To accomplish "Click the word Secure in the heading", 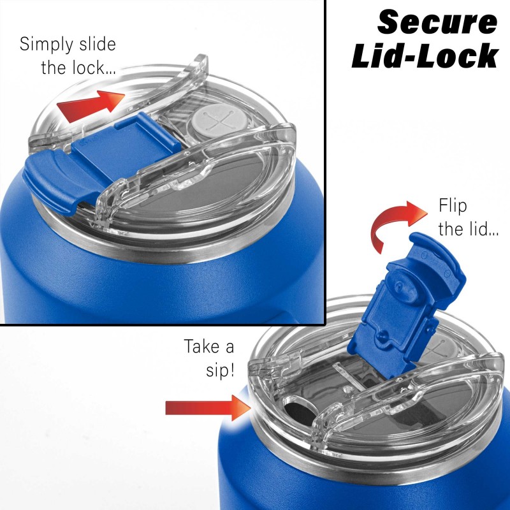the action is pyautogui.click(x=437, y=22).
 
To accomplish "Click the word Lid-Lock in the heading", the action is pyautogui.click(x=425, y=55).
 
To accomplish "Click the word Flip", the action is pyautogui.click(x=453, y=206).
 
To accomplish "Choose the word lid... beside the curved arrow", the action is pyautogui.click(x=483, y=229).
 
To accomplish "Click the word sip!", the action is pyautogui.click(x=220, y=370).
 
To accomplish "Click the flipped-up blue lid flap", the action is pyautogui.click(x=407, y=306).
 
